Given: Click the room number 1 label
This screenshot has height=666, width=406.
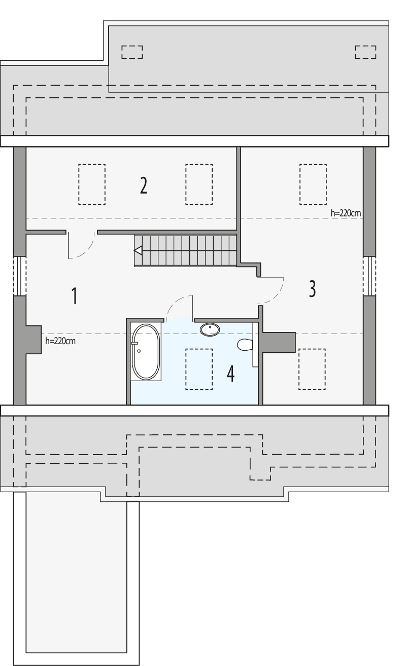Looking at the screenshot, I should (74, 295).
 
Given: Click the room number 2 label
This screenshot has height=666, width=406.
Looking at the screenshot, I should (144, 186).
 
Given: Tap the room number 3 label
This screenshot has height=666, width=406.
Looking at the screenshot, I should (312, 288).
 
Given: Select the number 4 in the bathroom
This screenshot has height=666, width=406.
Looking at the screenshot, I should (231, 375).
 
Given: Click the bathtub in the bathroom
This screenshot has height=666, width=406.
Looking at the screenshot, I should (146, 351).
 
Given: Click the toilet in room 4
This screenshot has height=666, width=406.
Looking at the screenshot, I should (245, 345).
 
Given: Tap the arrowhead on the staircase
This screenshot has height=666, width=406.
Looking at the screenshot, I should (138, 250).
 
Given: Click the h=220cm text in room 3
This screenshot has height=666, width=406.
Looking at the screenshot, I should (346, 213).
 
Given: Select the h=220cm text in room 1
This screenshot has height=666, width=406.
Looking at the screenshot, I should (60, 341).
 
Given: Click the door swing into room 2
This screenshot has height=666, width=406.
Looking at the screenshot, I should (81, 246).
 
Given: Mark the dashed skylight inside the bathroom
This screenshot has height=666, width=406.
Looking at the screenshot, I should (198, 369).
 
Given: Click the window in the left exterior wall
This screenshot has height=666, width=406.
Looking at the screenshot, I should (19, 276).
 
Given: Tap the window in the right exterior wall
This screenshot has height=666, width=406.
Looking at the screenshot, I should (369, 276).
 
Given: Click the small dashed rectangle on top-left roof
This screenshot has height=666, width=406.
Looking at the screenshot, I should (132, 52).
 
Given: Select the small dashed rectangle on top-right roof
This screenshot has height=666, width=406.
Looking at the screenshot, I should (365, 52).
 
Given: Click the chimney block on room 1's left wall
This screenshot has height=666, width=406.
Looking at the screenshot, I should (33, 340).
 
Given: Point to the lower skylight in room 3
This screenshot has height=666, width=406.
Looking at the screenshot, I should (312, 369).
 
